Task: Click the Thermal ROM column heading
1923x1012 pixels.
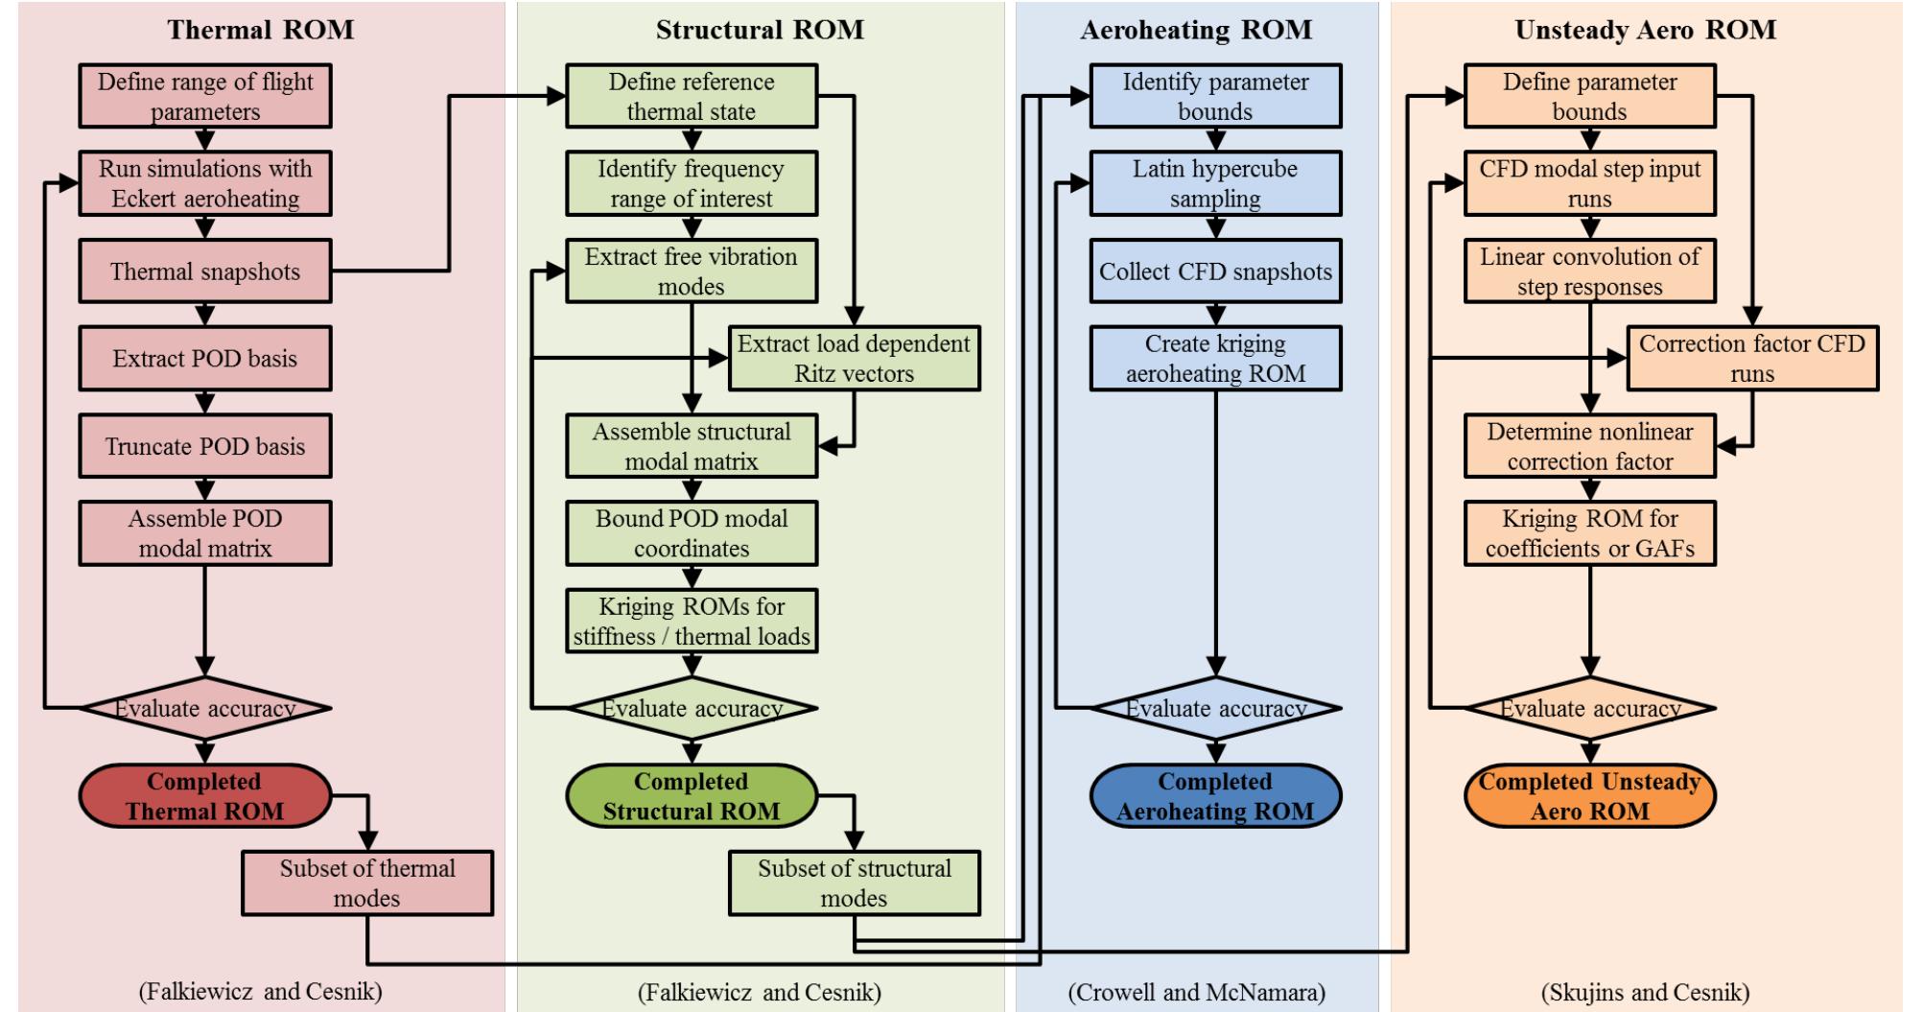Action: tap(260, 30)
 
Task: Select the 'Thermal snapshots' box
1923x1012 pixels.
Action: tap(204, 271)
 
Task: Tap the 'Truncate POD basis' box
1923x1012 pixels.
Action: tap(204, 446)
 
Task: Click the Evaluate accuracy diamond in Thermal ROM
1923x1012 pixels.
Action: tap(204, 709)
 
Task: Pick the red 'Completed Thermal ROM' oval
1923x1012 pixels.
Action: tap(204, 796)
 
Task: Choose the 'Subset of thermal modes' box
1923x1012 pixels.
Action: tap(366, 883)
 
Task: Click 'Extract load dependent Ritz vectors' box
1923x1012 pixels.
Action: tap(854, 359)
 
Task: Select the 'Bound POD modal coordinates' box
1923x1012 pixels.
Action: tap(691, 533)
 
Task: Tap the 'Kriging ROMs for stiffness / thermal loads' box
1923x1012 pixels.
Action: tap(691, 622)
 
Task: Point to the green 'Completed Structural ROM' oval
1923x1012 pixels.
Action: tap(691, 796)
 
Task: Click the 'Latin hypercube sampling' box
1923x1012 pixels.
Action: tap(1214, 183)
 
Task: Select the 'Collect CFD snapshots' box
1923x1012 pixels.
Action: tap(1214, 271)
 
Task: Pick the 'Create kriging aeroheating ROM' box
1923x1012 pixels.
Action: tap(1214, 359)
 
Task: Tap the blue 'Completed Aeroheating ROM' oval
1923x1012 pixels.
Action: tap(1214, 796)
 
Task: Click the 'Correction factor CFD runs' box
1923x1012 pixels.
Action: tap(1751, 359)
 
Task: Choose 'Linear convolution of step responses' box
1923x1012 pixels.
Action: tap(1589, 271)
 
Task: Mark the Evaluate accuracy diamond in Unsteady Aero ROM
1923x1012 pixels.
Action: tap(1589, 709)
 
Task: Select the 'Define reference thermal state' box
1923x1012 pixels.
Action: tap(691, 96)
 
